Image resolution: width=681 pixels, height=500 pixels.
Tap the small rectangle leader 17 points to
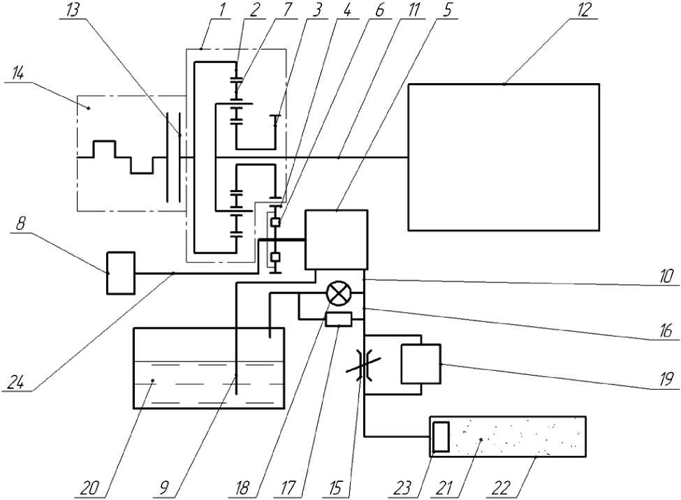pyautogui.click(x=339, y=320)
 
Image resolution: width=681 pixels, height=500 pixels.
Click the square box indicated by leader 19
pyautogui.click(x=420, y=364)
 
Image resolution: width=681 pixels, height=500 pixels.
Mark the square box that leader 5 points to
pyautogui.click(x=336, y=240)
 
